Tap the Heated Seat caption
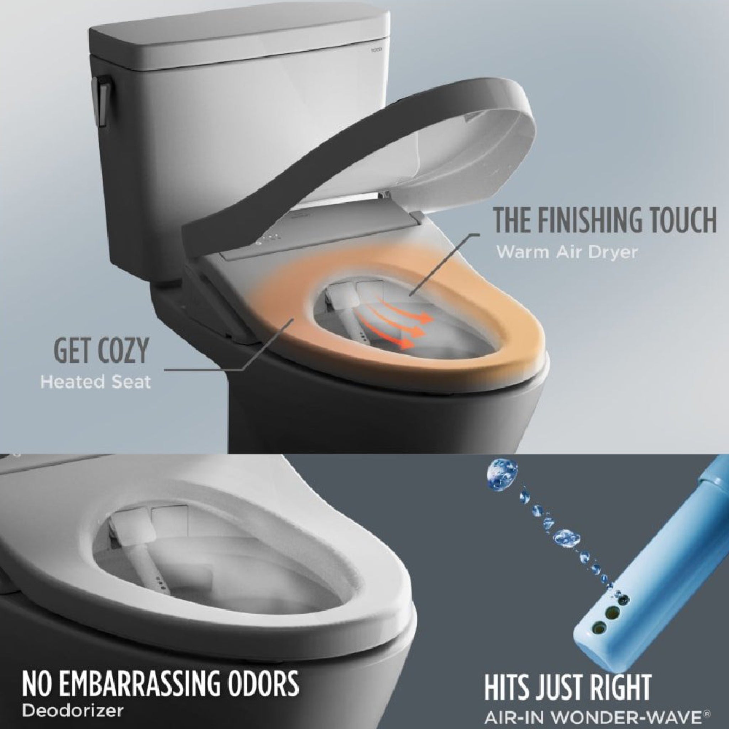click(95, 382)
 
